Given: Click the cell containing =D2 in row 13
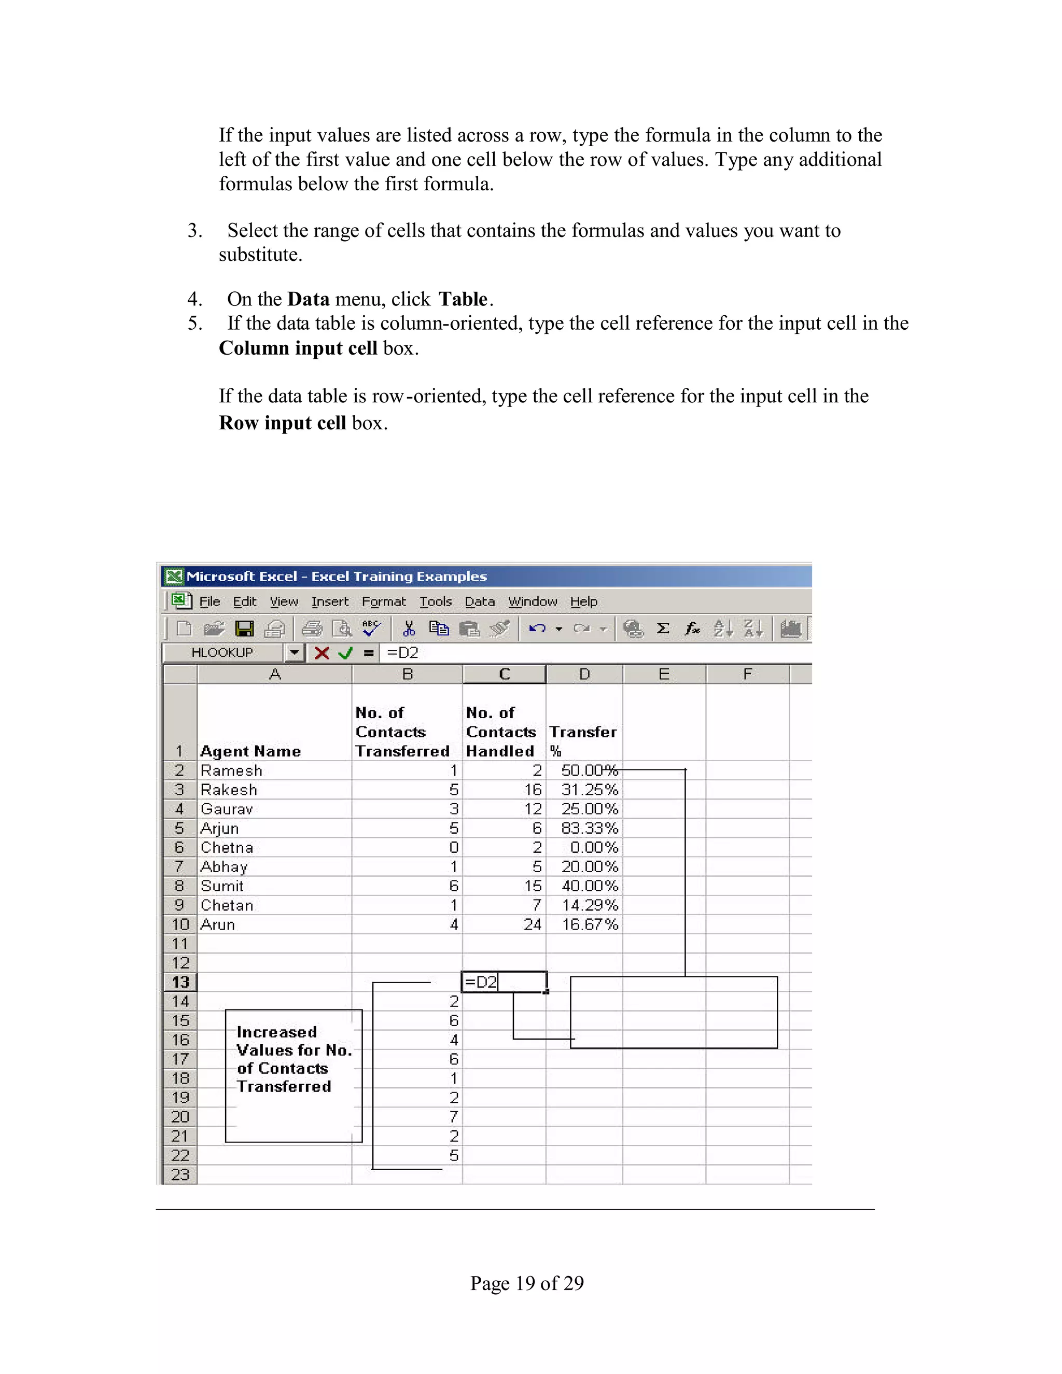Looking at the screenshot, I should coord(504,982).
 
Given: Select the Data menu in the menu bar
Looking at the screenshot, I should coord(480,602).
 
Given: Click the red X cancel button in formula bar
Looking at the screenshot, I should coord(322,653).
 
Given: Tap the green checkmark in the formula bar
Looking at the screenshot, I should coord(345,653).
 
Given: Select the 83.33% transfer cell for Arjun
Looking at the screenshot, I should coord(589,829).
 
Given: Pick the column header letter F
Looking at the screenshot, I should coord(747,675).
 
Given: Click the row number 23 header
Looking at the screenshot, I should coord(180,1174).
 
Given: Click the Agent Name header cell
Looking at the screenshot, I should coord(250,751).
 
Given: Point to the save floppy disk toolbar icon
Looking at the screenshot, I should coord(244,628).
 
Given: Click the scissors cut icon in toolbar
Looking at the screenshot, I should coord(409,628).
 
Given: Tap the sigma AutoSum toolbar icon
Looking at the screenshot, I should coord(663,628).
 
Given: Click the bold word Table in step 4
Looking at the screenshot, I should coord(463,299).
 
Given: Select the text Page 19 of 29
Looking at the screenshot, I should coord(527,1283).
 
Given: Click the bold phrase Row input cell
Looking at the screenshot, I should coord(283,423).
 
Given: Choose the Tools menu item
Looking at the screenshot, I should coord(436,602).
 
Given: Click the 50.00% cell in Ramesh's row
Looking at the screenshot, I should coord(589,770).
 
